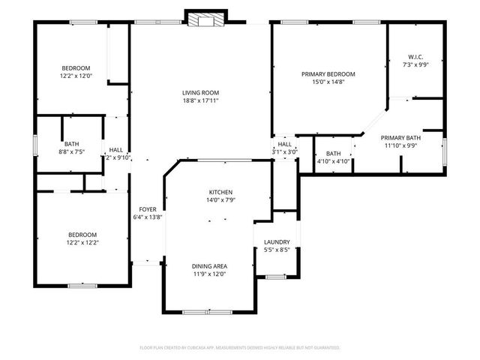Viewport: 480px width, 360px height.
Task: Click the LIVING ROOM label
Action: coord(200,93)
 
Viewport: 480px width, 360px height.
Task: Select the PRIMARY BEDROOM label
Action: coord(328,74)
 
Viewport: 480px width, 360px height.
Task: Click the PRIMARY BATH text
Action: coord(400,138)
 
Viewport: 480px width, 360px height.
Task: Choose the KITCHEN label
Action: coord(220,192)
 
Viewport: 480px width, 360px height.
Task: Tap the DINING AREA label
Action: coord(209,266)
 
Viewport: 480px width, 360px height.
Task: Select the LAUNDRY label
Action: coord(277,242)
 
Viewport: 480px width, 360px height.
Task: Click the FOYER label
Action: coord(147,209)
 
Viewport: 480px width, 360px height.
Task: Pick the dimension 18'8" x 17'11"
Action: coord(200,100)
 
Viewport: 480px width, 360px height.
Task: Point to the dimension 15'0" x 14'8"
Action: coord(328,82)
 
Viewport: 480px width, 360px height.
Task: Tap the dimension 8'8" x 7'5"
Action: coord(72,151)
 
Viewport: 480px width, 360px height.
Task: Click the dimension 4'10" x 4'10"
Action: coord(333,160)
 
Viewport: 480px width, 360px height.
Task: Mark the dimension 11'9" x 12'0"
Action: coord(209,274)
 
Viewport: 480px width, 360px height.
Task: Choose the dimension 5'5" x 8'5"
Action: coord(277,250)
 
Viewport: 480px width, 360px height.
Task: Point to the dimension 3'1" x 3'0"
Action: coord(285,151)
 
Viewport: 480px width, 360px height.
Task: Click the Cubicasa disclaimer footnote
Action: coord(240,348)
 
